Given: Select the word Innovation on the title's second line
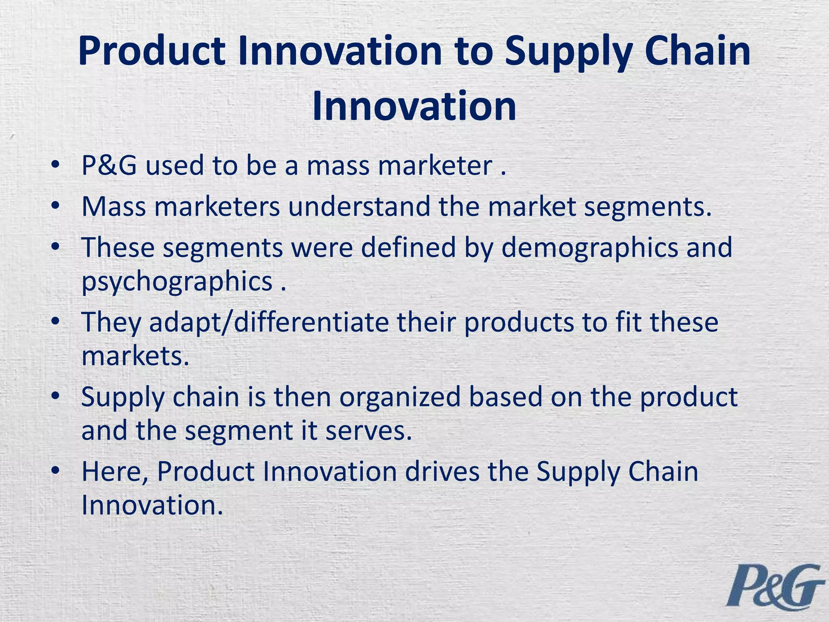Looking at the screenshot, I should click(x=414, y=106).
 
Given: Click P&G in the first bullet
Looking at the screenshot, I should click(x=109, y=166).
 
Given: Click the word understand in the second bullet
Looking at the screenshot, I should click(x=359, y=207).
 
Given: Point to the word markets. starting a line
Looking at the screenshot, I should click(x=135, y=356).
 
